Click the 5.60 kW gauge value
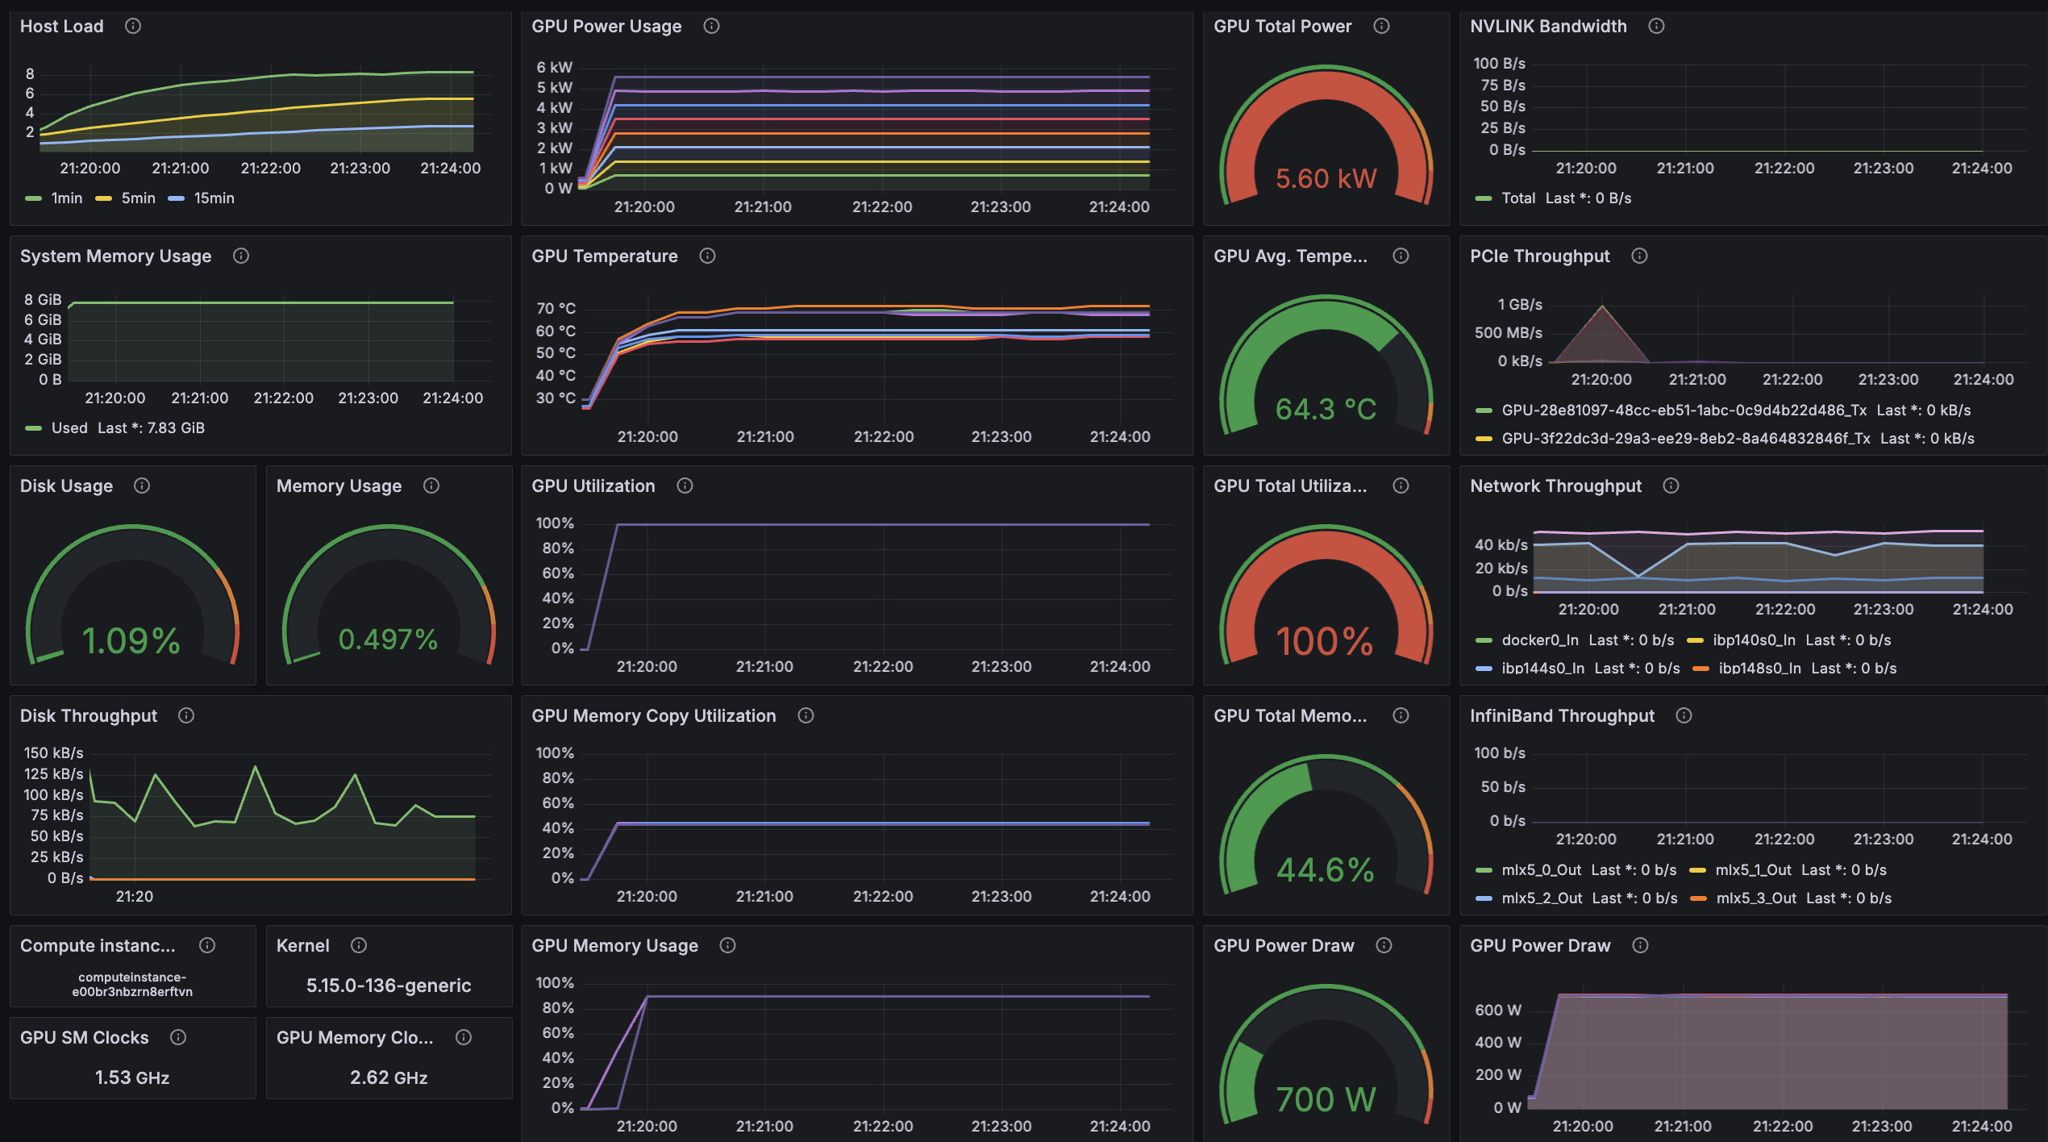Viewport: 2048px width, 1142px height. pos(1326,178)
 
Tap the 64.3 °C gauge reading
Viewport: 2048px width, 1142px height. pos(1326,409)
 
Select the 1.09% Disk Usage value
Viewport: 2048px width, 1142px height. pos(131,640)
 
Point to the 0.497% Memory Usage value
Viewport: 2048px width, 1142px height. pos(388,640)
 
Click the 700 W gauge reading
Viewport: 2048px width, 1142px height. pos(1326,1099)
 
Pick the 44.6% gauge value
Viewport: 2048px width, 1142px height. pos(1326,869)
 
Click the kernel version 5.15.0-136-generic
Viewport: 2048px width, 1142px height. pos(389,986)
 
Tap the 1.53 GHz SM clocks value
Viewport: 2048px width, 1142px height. pos(132,1077)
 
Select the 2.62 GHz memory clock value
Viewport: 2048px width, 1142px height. pos(389,1077)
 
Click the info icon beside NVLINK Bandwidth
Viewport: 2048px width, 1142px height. pos(1656,26)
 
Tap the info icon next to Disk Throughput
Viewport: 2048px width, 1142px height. pos(186,715)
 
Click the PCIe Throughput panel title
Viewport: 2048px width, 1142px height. pos(1539,256)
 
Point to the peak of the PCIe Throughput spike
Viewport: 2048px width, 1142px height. pos(1602,306)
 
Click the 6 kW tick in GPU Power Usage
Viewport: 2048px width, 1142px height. pos(555,67)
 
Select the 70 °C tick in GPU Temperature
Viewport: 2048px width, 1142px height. pos(556,308)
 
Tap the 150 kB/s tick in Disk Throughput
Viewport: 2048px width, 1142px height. pos(53,752)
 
